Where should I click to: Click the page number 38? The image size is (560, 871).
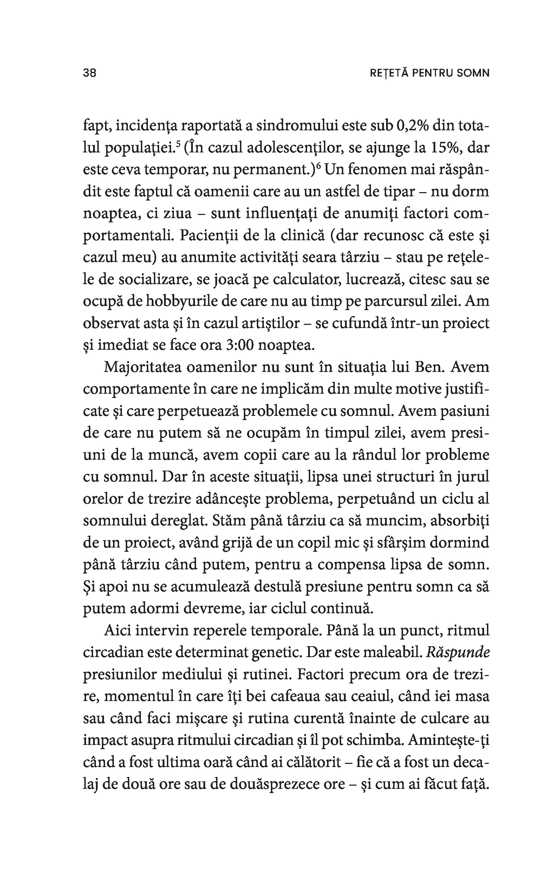pos(90,73)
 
